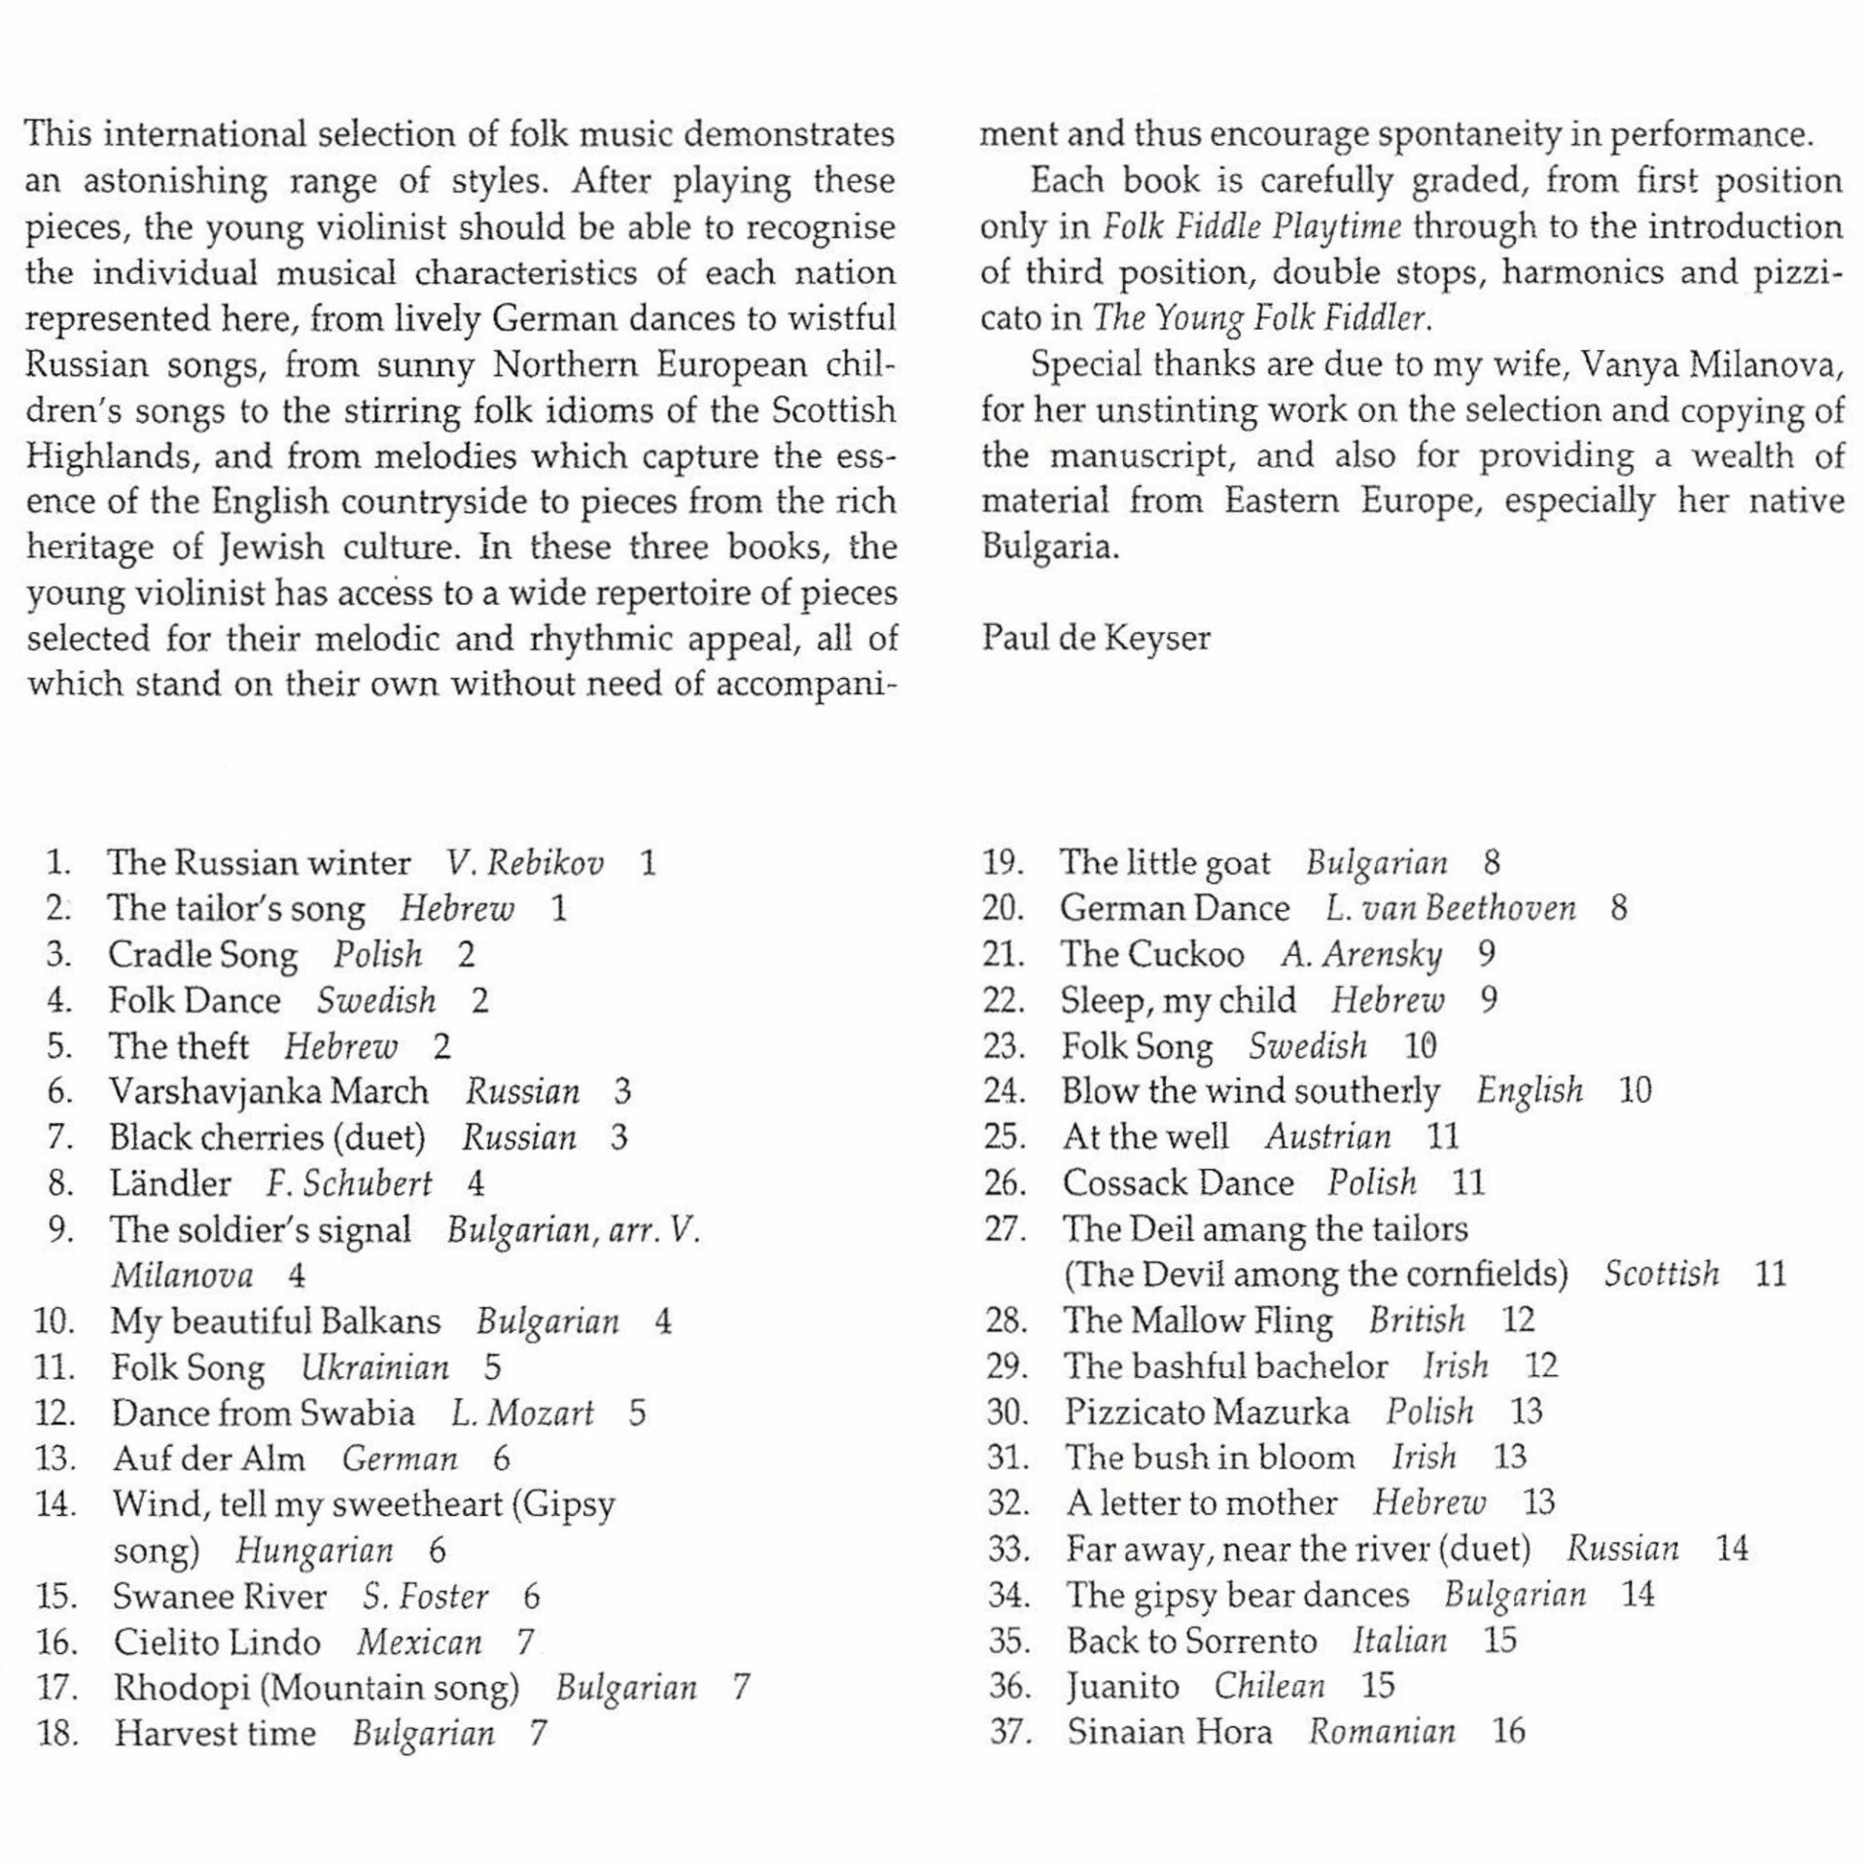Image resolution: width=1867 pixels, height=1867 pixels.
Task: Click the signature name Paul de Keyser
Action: pos(1096,638)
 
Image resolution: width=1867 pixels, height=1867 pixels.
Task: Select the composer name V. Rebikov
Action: pos(525,863)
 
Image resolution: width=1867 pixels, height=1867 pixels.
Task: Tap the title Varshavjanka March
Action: pos(268,1091)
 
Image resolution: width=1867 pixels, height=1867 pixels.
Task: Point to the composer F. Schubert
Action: pos(349,1183)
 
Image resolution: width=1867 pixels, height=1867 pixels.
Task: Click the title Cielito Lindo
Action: pos(217,1642)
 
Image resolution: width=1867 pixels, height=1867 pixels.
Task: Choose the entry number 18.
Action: pos(57,1734)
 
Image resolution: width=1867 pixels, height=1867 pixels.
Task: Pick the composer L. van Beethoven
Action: pos(1450,908)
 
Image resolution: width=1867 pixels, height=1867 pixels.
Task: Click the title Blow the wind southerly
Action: pos(1251,1091)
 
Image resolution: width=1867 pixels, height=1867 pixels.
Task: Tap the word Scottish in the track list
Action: pos(1662,1274)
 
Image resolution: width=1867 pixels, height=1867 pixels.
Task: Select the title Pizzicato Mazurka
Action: pos(1207,1412)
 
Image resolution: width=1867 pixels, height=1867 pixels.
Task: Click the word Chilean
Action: pos(1269,1686)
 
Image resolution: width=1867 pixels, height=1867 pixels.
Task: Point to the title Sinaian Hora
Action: pos(1170,1732)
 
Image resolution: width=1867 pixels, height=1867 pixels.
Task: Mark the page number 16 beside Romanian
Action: pos(1508,1732)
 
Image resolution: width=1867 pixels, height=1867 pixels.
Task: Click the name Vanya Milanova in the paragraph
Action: pos(1711,365)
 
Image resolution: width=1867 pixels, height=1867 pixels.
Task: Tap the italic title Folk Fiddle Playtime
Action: pos(1251,227)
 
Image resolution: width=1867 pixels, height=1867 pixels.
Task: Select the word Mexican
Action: pos(419,1642)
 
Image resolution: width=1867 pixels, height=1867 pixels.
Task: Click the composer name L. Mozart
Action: pos(522,1413)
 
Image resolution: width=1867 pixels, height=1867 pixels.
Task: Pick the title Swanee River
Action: pos(220,1597)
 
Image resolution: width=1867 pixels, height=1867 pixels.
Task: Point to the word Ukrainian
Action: pos(375,1367)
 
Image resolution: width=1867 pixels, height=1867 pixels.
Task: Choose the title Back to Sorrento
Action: pos(1191,1640)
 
